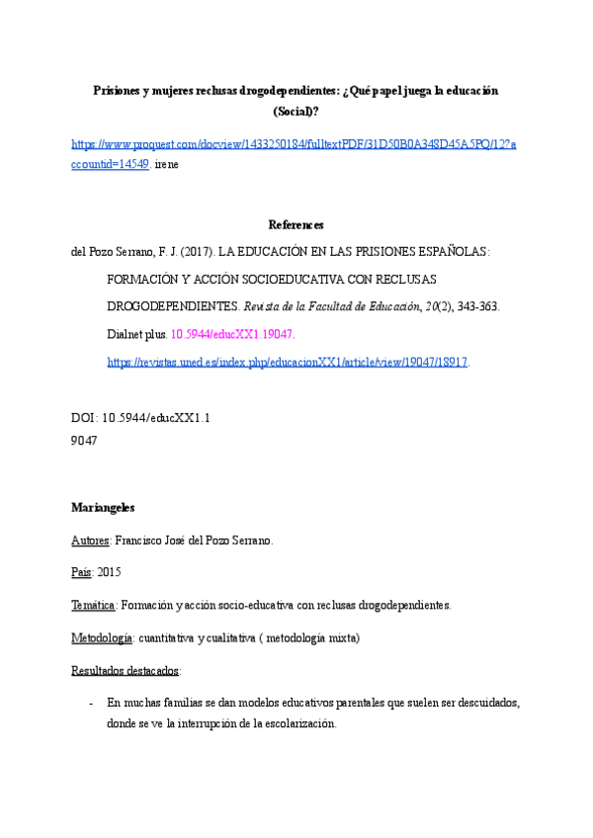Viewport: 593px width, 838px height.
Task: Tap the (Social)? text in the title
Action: pos(296,112)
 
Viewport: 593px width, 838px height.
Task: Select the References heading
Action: pos(296,225)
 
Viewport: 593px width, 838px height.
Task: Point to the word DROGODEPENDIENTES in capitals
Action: pos(172,307)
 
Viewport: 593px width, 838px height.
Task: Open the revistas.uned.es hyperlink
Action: pos(288,363)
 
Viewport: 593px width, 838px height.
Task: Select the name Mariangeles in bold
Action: pos(103,508)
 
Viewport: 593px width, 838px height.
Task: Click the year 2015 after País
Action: pos(110,572)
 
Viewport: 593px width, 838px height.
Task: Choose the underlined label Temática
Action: pos(94,605)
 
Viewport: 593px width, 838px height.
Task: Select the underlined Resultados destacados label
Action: pos(125,671)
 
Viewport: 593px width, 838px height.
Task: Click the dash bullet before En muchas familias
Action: pos(92,704)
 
